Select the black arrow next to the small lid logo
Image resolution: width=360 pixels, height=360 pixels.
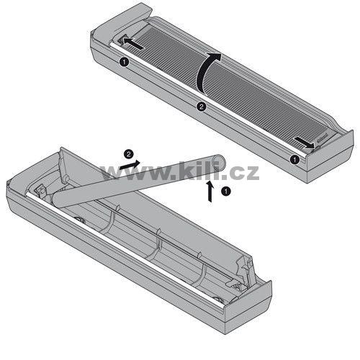tap(305, 142)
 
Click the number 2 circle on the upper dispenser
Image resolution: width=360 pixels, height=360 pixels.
tap(202, 107)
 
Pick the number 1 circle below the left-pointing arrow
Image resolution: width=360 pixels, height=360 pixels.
tap(124, 62)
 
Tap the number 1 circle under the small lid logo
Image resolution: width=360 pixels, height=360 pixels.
tap(294, 159)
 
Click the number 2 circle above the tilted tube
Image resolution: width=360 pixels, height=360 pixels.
tap(129, 154)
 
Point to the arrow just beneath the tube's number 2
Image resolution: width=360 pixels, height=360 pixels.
tap(130, 165)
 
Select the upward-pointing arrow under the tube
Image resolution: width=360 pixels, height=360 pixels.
tap(210, 192)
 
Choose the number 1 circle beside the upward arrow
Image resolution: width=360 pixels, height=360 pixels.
tap(226, 192)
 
